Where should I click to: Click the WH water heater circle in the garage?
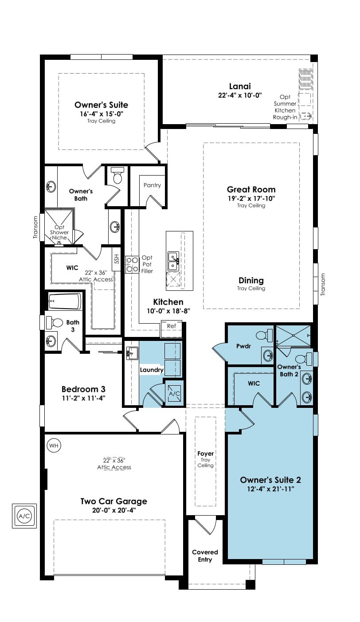(x=54, y=446)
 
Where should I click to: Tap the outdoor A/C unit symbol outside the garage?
(x=24, y=516)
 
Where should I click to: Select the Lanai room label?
(x=240, y=86)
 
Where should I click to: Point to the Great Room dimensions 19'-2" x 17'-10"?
(x=251, y=198)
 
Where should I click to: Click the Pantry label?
(x=152, y=185)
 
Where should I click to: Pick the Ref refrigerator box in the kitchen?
(x=172, y=329)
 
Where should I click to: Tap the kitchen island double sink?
(x=173, y=261)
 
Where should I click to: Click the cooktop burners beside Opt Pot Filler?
(x=132, y=265)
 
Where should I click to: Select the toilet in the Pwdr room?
(x=264, y=336)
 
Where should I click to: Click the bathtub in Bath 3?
(x=65, y=301)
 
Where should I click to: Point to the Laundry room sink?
(x=132, y=353)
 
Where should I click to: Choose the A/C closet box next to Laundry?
(x=174, y=393)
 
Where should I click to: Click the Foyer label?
(x=206, y=454)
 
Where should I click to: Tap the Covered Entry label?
(x=205, y=555)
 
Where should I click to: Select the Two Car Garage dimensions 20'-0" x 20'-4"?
(x=114, y=510)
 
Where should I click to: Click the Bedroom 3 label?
(x=83, y=389)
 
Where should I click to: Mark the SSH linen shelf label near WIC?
(x=117, y=259)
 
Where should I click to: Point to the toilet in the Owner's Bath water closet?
(x=117, y=175)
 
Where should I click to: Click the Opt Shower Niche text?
(x=59, y=232)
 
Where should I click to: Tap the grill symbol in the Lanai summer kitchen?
(x=306, y=79)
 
